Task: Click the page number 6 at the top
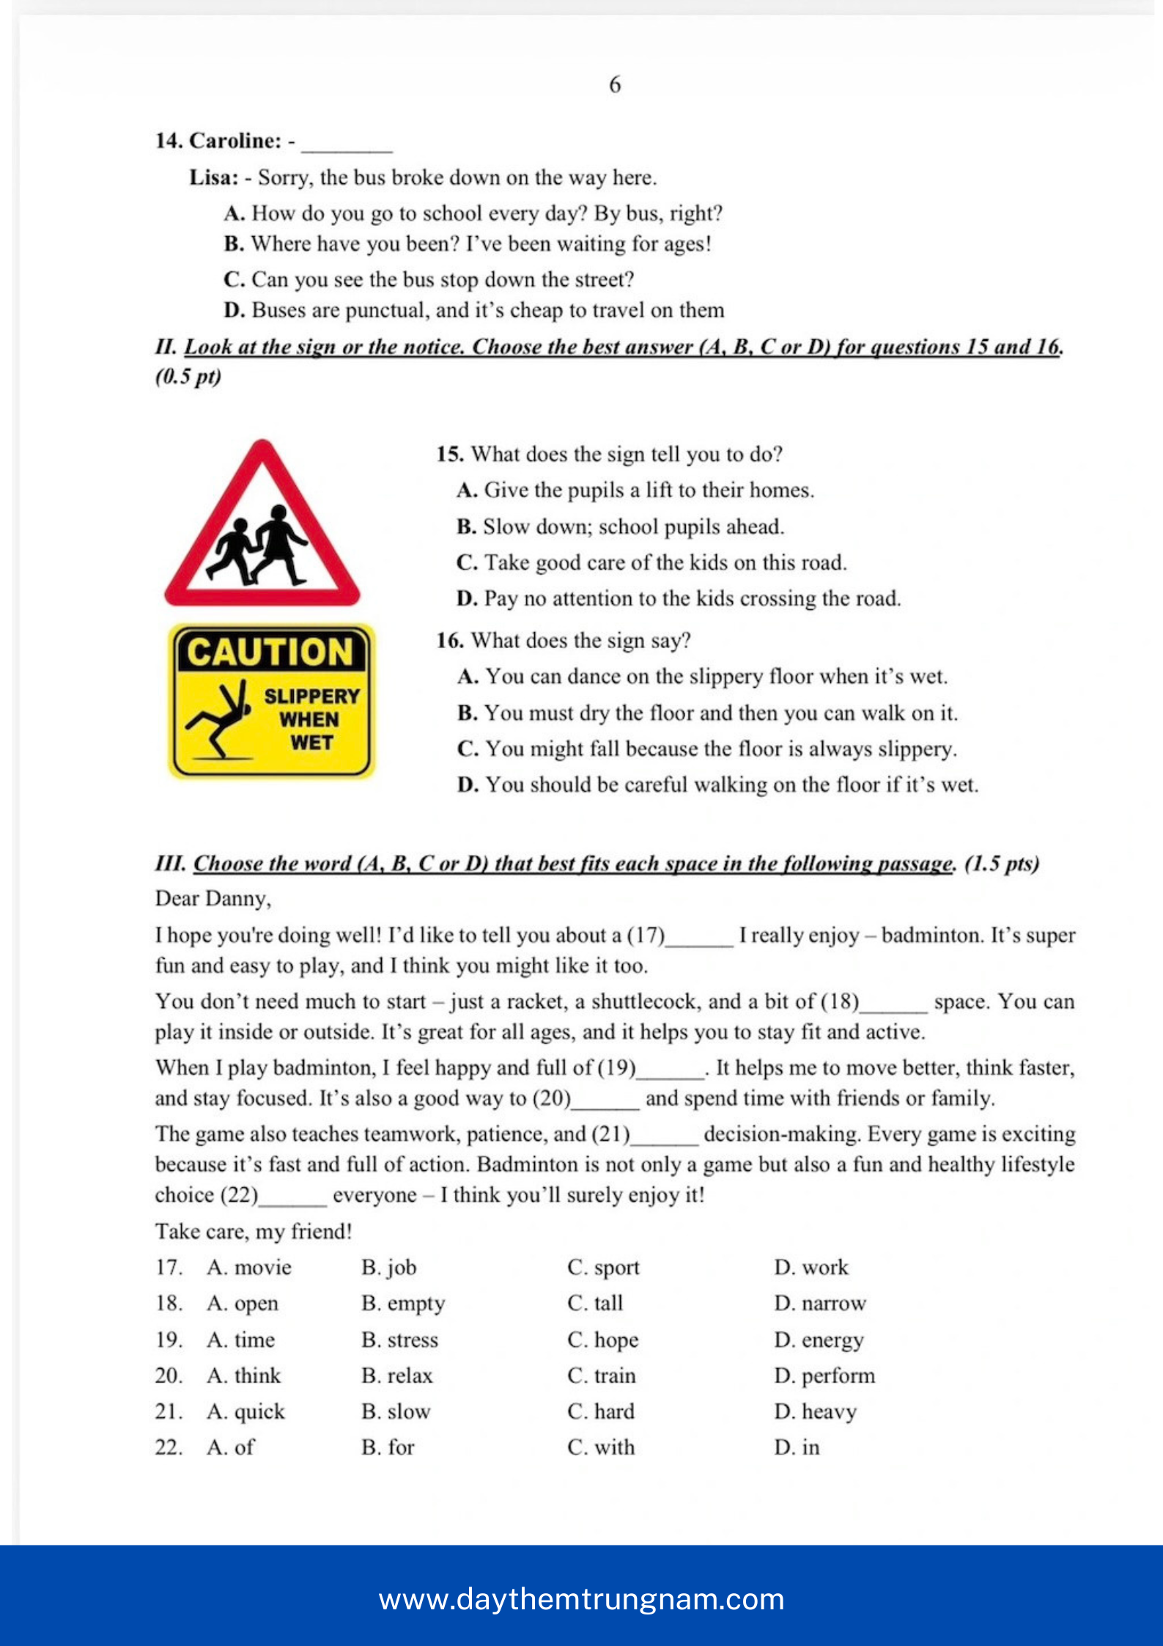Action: coord(615,85)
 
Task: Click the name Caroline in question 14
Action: coord(235,141)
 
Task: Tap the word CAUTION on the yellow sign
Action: coord(270,652)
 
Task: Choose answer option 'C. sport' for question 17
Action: coord(603,1268)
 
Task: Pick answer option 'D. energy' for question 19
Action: coord(819,1340)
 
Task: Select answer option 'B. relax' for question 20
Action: coord(397,1376)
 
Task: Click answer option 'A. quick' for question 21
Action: coord(245,1412)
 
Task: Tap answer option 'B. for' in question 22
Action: coord(388,1448)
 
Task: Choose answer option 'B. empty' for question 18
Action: coord(403,1304)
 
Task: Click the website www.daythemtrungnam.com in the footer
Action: coord(581,1599)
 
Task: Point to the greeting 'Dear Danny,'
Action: coord(213,899)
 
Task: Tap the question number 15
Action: coord(449,455)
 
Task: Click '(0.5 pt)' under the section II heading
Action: coord(188,377)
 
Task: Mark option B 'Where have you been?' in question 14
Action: coord(468,244)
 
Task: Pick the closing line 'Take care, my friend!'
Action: coord(254,1232)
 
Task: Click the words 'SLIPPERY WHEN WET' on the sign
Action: coord(311,719)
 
